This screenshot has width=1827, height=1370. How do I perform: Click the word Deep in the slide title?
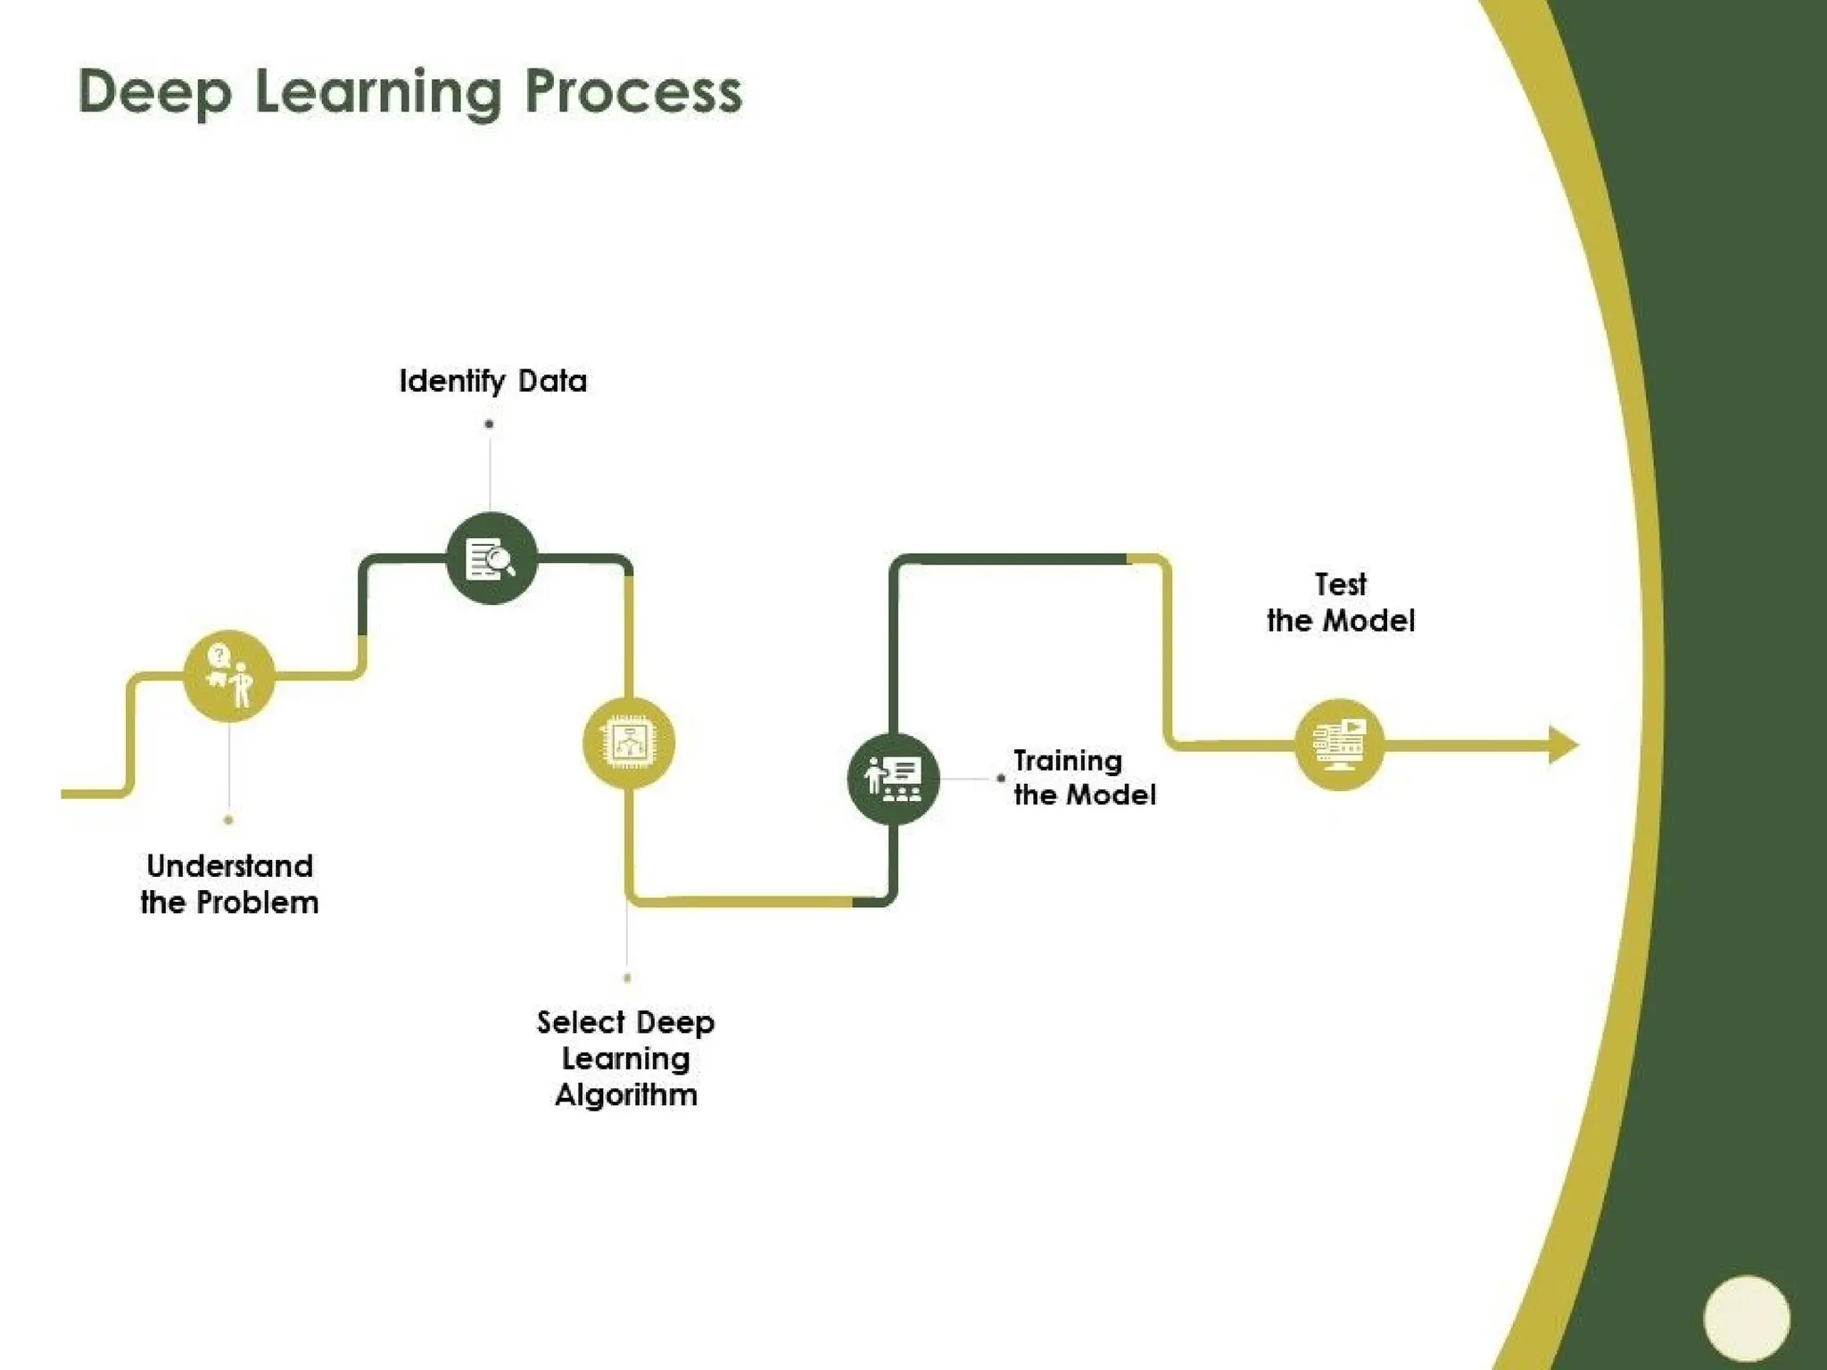coord(155,93)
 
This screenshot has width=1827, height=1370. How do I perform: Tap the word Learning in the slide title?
coord(378,93)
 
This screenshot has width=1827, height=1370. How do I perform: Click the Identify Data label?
coord(492,381)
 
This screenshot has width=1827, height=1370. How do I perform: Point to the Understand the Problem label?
coord(229,884)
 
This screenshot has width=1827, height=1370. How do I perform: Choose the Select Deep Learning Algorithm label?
coord(626,1058)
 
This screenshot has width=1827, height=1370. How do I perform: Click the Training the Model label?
coord(1084,778)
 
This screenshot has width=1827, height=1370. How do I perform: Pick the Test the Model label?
coord(1340,603)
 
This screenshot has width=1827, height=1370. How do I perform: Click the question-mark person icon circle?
coord(228,676)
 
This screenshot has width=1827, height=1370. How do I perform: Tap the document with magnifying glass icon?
coord(492,559)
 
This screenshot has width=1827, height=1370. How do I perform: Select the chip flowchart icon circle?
coord(629,743)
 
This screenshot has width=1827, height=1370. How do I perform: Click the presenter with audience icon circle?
coord(893,778)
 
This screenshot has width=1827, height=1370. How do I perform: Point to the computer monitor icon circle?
coord(1339,744)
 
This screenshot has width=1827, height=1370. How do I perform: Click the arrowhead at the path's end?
coord(1562,745)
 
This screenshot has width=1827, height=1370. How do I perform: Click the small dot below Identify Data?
coord(489,424)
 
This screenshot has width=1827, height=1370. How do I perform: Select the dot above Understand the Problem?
coord(228,820)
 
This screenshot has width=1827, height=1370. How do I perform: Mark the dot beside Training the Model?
coord(1000,778)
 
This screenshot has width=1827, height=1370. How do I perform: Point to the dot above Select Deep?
coord(627,978)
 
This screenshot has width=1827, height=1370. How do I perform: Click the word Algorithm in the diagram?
coord(626,1095)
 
